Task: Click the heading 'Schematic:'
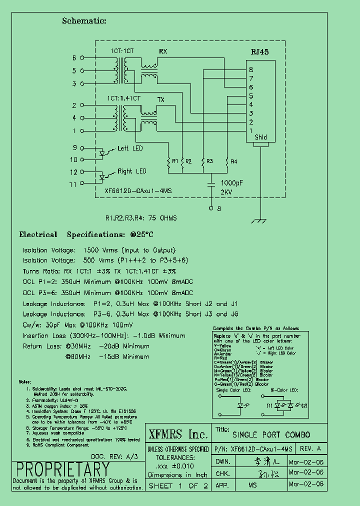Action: click(84, 20)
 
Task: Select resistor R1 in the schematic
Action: click(169, 162)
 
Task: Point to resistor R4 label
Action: click(233, 161)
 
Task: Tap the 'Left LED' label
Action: click(130, 148)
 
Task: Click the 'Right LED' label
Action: click(132, 171)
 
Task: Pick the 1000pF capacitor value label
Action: click(232, 183)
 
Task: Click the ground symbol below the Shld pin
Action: click(259, 220)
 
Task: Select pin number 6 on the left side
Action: click(74, 58)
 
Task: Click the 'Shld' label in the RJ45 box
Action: click(260, 137)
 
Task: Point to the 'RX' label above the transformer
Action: click(163, 52)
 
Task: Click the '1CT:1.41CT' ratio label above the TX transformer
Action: click(123, 98)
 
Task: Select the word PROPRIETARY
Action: click(62, 469)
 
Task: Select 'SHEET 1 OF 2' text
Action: click(178, 485)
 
